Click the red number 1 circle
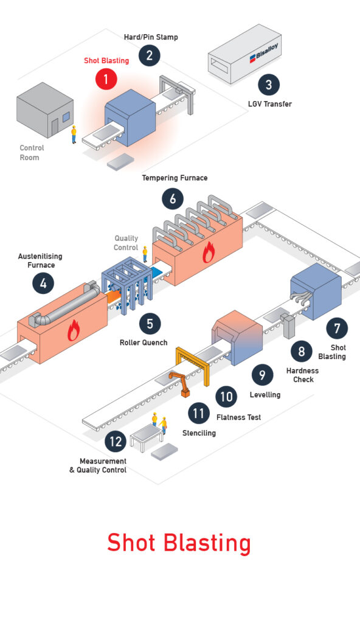pos(106,79)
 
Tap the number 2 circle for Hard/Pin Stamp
pos(150,55)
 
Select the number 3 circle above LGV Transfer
pos(269,85)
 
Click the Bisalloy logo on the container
pos(264,53)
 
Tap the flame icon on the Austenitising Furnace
pos(73,330)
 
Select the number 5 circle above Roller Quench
pos(150,324)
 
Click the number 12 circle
pos(116,442)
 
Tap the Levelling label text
pos(265,394)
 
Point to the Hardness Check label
pos(303,375)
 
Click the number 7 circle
pos(337,329)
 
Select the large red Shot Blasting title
pos(179,543)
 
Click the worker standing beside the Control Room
pos(74,134)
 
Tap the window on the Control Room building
pos(66,117)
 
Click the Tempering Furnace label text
pos(175,178)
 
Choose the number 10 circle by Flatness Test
pos(226,397)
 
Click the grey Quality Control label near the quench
pos(126,243)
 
